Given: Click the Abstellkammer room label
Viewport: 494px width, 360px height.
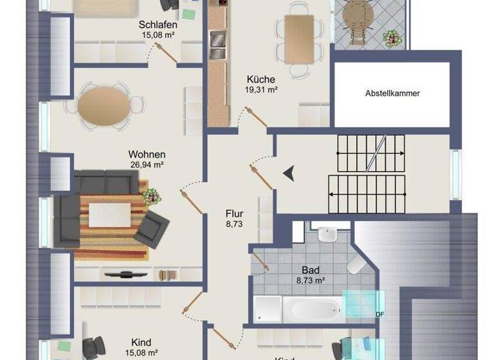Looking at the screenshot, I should [392, 93].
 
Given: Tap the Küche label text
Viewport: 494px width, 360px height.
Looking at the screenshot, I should [260, 80].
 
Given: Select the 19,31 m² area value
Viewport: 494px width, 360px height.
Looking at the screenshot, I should [262, 90].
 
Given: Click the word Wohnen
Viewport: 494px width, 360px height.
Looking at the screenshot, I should [147, 154].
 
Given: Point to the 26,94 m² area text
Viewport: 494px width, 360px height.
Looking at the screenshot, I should [147, 165].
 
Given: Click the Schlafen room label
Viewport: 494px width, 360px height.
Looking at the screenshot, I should [158, 25].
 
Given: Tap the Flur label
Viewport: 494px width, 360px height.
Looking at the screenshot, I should [233, 213].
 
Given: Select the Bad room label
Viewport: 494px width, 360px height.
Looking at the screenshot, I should [311, 271].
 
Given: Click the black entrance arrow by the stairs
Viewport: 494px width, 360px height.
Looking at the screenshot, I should [289, 172].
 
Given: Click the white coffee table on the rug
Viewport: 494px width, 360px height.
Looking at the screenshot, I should [108, 215].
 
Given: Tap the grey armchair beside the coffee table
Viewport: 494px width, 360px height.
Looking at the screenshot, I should [152, 226].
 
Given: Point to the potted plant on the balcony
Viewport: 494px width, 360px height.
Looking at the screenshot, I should [390, 39].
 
